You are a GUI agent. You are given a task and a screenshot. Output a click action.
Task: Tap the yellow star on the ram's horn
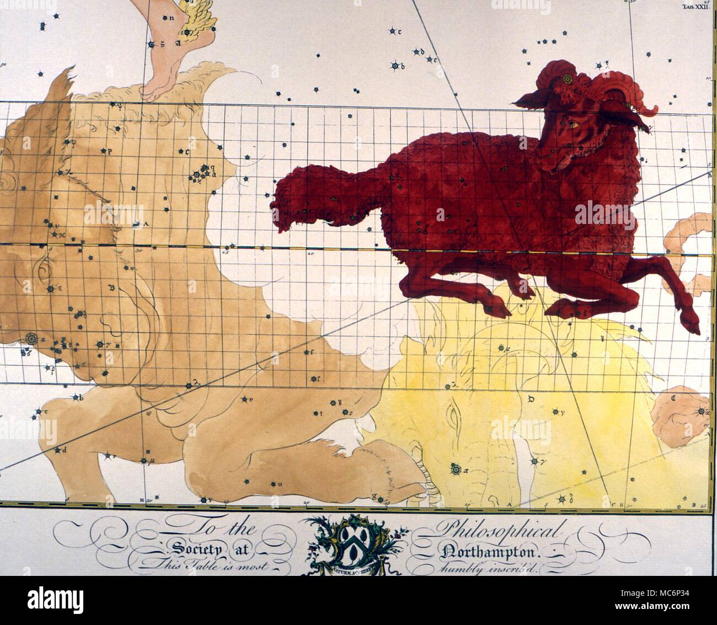click(x=566, y=81)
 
